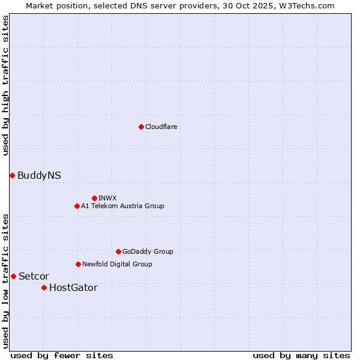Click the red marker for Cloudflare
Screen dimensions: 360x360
tap(141, 127)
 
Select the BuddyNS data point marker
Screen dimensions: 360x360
tap(12, 175)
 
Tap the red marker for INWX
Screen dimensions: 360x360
tap(94, 198)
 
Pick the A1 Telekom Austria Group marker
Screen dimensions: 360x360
tap(77, 206)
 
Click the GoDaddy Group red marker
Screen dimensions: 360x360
tap(118, 251)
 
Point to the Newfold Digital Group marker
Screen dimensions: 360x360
tap(78, 264)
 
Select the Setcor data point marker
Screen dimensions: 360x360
tap(13, 276)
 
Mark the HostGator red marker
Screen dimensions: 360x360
tap(44, 287)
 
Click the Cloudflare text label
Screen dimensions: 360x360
tap(161, 127)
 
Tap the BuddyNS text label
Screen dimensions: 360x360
tap(39, 175)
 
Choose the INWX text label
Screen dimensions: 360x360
tap(107, 198)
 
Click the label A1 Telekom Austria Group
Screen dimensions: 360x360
tap(122, 206)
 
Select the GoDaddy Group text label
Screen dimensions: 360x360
tap(148, 251)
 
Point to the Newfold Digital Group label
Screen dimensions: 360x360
tap(117, 264)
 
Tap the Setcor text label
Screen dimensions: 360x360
tap(34, 276)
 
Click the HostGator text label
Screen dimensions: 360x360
tap(73, 287)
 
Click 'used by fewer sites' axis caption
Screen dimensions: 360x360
tap(62, 355)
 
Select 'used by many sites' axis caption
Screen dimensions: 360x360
tap(301, 355)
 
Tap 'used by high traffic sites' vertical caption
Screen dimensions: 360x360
tap(5, 85)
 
